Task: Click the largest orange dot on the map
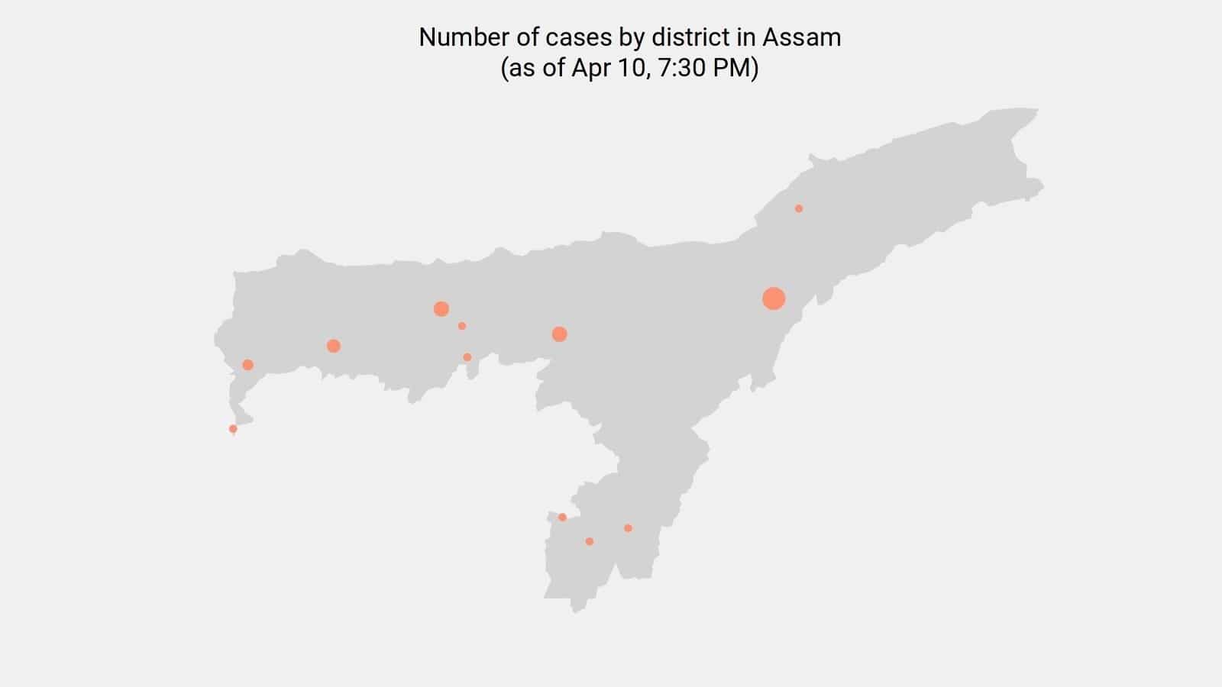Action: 774,298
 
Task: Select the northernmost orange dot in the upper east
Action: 799,208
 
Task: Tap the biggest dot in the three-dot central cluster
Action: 441,308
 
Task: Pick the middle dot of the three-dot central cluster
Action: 462,326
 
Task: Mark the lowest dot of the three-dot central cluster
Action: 467,357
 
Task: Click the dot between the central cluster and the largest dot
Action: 559,334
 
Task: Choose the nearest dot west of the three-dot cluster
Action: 333,346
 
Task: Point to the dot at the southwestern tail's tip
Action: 233,429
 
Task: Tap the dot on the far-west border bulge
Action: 247,365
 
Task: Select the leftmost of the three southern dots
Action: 562,518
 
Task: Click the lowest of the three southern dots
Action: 589,541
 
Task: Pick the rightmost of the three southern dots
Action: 628,528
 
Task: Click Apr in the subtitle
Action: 588,68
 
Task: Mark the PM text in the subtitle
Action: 732,68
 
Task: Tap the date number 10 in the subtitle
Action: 629,68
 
